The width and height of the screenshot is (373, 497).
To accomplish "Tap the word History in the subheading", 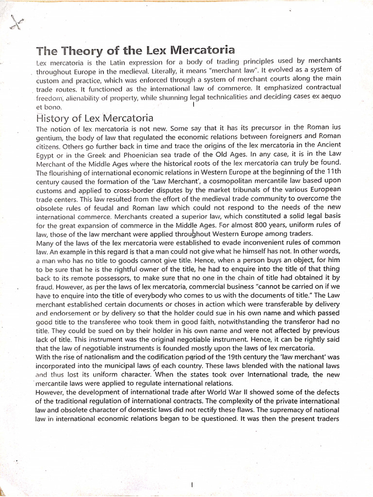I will pyautogui.click(x=56, y=118).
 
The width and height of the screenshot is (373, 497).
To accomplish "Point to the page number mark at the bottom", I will pyautogui.click(x=193, y=471).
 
